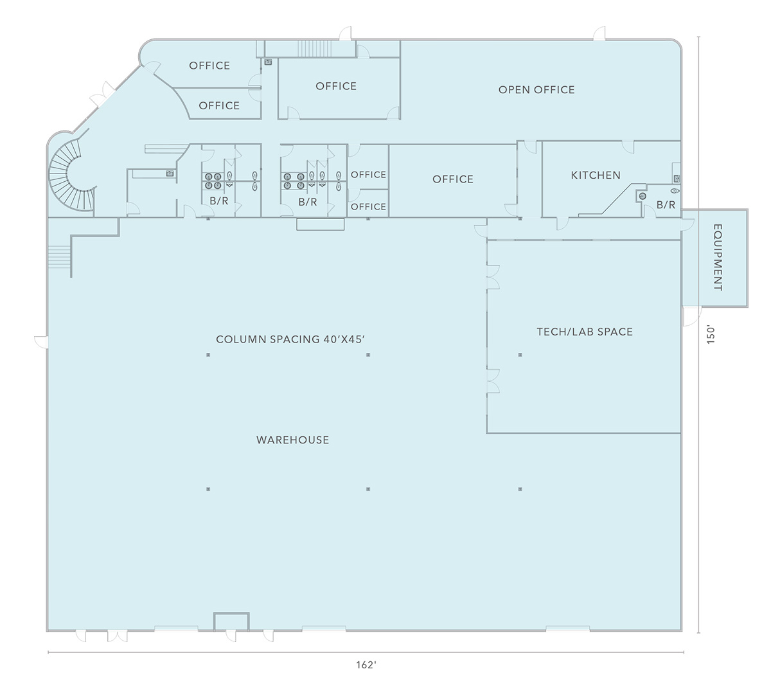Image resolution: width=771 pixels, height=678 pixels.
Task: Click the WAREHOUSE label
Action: point(292,440)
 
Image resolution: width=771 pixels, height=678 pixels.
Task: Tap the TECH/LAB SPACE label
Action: point(585,332)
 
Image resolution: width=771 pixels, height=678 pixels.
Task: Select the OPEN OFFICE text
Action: point(536,90)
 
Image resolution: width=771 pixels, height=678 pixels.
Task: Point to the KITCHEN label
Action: point(596,175)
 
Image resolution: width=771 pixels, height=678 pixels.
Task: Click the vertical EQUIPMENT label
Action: point(718,257)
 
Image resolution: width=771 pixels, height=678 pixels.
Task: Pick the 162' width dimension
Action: point(366,665)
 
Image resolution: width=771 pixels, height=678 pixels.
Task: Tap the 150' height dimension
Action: point(711,335)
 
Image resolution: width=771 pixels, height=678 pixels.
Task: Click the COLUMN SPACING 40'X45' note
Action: point(290,339)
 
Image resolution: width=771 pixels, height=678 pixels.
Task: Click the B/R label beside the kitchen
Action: point(666,205)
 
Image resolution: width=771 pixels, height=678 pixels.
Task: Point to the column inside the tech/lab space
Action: point(520,355)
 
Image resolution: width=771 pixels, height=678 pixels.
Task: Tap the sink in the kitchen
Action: point(677,178)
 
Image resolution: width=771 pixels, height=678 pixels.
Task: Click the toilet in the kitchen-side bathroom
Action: point(675,190)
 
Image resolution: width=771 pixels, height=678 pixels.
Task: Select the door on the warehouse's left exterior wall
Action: point(41,342)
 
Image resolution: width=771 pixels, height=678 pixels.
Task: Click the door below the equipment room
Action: point(691,316)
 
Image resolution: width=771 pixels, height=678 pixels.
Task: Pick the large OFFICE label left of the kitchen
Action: point(453,179)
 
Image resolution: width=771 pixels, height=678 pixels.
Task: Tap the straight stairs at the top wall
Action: point(314,49)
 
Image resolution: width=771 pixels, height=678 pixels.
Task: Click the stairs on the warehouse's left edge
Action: point(59,256)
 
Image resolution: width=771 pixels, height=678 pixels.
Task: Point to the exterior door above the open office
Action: point(599,33)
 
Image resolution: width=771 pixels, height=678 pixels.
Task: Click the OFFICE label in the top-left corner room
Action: point(209,66)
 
